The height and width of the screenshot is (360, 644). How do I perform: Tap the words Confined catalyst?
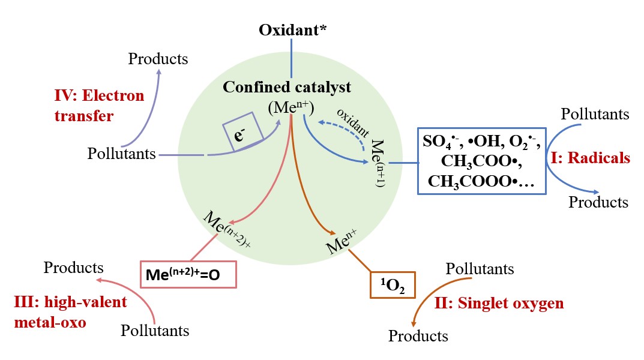287,86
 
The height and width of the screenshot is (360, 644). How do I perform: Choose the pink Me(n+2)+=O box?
188,275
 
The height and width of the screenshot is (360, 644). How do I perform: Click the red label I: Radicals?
591,158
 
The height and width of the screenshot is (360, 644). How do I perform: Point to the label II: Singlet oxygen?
499,303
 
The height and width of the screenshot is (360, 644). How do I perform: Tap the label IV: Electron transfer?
99,105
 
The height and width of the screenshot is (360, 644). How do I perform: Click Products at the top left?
158,59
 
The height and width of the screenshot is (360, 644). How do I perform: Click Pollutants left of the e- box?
122,154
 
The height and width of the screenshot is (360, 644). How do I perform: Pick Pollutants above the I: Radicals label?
595,114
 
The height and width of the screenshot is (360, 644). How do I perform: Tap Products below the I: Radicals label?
598,202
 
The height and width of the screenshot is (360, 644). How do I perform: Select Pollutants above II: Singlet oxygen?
480,268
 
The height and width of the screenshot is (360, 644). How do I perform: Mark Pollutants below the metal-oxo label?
155,330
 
